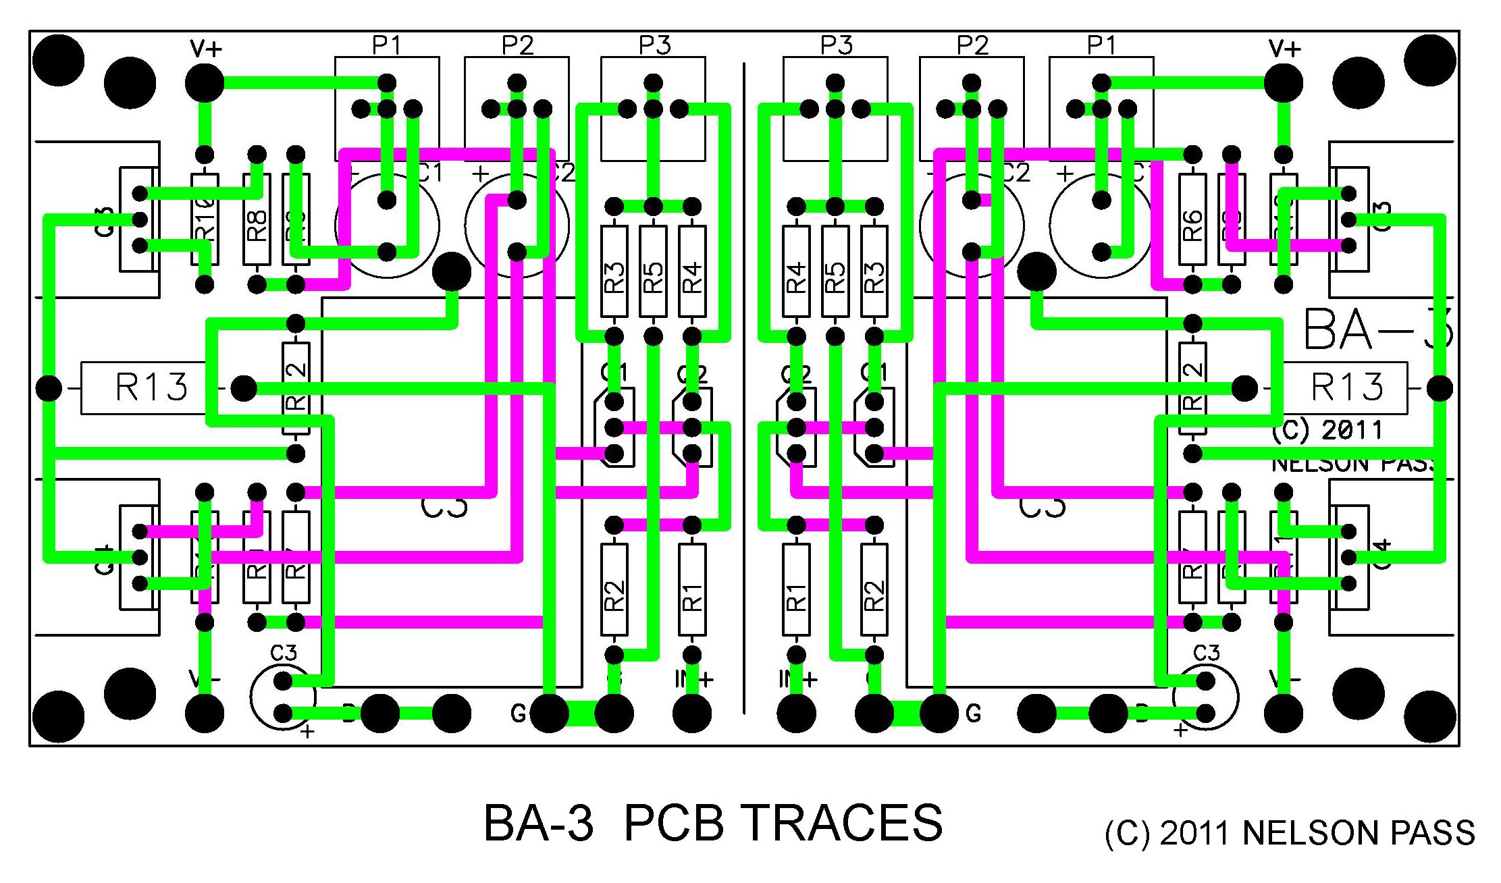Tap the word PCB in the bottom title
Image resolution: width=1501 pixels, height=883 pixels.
[673, 823]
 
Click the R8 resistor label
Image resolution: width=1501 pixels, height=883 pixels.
[257, 225]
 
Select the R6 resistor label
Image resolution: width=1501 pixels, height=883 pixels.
[1192, 225]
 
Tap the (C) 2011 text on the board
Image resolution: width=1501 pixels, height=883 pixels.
[1327, 430]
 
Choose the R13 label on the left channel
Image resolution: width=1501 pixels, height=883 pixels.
[151, 387]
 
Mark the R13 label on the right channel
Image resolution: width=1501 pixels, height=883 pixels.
[1346, 387]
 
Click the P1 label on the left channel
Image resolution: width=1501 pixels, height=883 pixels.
[387, 45]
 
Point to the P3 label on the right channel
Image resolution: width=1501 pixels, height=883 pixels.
[836, 45]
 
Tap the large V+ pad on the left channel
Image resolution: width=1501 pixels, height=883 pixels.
[205, 83]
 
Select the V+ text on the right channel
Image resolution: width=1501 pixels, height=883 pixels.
[1284, 49]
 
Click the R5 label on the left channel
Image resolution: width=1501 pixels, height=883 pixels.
[653, 277]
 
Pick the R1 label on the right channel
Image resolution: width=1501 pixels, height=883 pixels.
[797, 597]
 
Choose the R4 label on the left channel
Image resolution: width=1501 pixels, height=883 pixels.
[692, 277]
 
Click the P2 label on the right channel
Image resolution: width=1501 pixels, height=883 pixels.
[972, 45]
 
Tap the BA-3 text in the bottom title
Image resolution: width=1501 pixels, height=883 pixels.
[539, 823]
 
